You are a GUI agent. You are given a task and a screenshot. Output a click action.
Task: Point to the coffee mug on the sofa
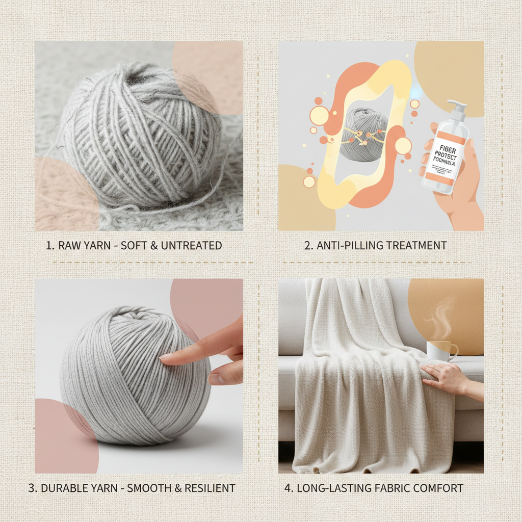[440, 351]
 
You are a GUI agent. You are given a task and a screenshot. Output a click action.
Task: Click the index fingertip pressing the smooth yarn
[164, 358]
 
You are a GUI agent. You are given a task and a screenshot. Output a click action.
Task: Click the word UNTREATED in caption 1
[191, 245]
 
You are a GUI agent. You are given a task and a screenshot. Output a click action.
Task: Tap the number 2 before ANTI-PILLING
[307, 245]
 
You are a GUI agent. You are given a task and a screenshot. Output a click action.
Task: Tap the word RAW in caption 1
[69, 245]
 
